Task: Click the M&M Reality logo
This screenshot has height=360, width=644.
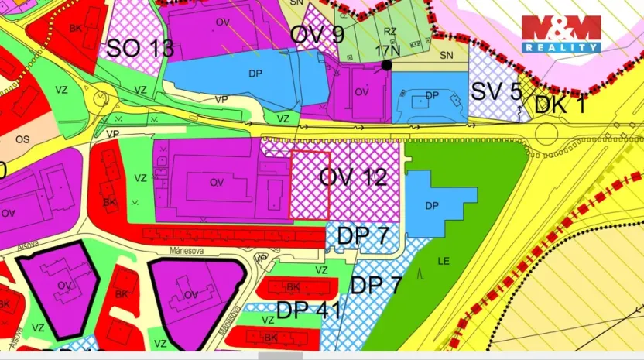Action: (x=561, y=33)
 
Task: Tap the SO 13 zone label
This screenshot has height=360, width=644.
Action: (x=139, y=49)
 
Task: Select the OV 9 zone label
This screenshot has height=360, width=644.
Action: (x=317, y=34)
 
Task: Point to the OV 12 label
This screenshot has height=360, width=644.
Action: (x=354, y=177)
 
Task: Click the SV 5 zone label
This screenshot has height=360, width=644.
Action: (x=496, y=91)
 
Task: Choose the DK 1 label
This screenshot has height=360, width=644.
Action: (x=560, y=103)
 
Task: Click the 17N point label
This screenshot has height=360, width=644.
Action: (x=389, y=50)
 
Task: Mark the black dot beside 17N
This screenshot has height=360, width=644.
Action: (x=386, y=65)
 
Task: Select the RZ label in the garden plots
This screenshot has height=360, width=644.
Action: (x=390, y=32)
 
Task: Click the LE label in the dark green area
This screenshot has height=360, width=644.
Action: (x=444, y=261)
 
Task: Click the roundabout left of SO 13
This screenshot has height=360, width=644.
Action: (x=101, y=98)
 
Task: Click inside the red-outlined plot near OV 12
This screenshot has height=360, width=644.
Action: (x=309, y=184)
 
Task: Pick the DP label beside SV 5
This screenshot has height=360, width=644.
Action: (x=432, y=95)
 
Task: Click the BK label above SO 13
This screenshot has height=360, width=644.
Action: (x=75, y=28)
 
